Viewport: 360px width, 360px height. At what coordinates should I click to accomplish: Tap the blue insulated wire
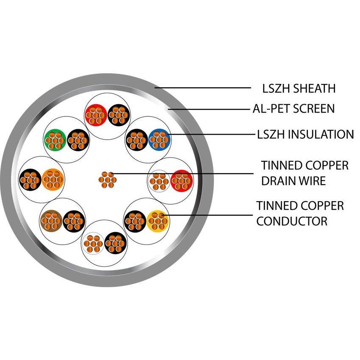tap(159, 138)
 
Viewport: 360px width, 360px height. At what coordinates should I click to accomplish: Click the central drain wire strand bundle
tap(107, 180)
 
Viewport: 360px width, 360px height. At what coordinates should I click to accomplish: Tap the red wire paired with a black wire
tap(96, 115)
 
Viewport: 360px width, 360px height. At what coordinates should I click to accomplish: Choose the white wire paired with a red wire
tap(158, 181)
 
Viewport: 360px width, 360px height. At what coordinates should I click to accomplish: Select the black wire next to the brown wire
tap(74, 221)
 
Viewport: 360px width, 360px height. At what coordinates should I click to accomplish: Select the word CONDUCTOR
tap(291, 221)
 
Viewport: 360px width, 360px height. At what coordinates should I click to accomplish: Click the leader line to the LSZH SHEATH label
tap(203, 88)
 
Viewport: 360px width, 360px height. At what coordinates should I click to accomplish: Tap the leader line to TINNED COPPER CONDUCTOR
tap(208, 216)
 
